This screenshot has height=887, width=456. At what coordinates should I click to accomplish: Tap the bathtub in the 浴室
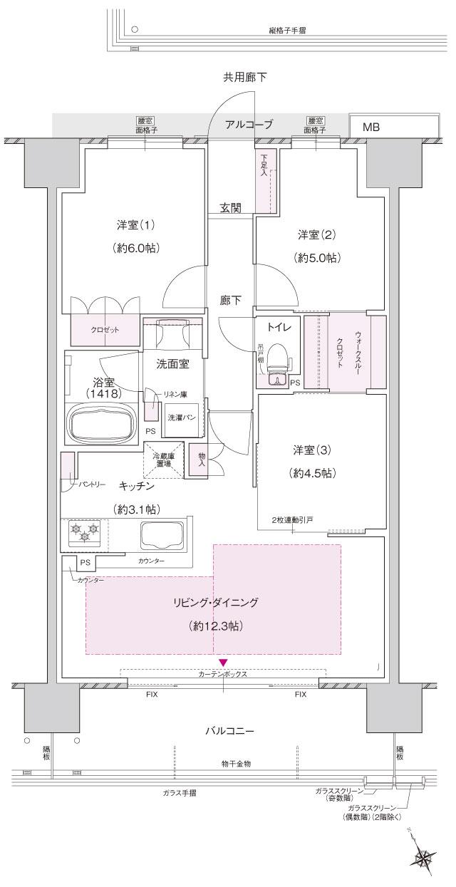pos(100,425)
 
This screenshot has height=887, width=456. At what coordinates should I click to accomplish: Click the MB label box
pos(371,128)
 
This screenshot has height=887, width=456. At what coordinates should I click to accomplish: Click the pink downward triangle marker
pos(224,662)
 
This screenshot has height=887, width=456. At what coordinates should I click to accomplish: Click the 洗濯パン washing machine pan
pos(181,419)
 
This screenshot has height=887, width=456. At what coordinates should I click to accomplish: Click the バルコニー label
pos(229,731)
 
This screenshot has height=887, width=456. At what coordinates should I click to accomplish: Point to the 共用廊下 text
pos(245,76)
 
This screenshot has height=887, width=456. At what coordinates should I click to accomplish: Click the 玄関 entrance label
pos(230,208)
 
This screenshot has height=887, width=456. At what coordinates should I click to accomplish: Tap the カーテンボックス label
pos(223,673)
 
